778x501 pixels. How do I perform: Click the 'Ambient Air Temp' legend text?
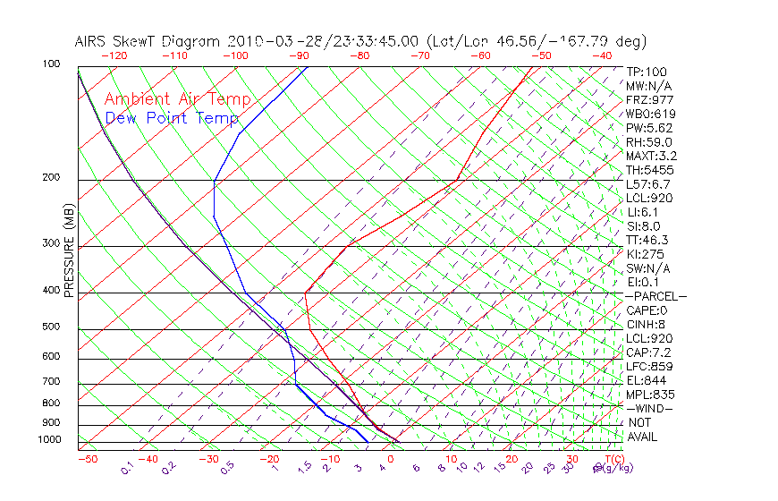177,99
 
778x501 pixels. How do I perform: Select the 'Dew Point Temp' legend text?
171,118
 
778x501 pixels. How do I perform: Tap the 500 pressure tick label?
51,327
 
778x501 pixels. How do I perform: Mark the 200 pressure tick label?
51,178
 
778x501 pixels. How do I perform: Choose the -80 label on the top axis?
359,55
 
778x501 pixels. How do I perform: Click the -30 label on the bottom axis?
208,460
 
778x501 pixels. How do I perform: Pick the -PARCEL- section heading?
655,296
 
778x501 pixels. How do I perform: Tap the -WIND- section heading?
649,409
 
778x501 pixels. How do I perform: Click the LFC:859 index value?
649,366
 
